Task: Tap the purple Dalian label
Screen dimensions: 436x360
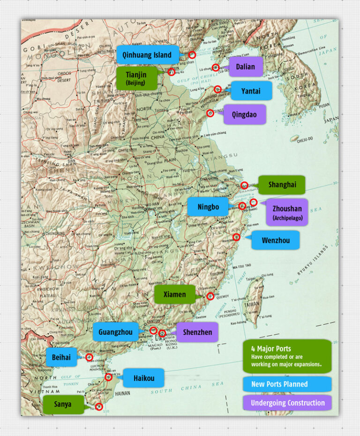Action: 245,67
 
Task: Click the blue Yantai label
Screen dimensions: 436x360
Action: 250,91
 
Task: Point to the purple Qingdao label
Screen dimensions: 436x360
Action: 244,114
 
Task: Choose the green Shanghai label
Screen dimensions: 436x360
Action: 282,185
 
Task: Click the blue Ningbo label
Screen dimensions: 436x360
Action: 208,207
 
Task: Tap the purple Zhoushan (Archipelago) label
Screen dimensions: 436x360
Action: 287,212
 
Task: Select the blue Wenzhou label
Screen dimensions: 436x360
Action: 275,241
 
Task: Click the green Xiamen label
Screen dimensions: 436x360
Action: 174,294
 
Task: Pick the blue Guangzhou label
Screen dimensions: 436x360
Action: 115,332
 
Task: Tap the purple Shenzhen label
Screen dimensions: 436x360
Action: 197,332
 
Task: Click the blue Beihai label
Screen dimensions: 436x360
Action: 61,357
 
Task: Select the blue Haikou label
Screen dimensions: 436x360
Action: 142,377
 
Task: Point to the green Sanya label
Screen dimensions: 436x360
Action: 63,404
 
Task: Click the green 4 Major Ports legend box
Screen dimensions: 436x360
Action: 287,356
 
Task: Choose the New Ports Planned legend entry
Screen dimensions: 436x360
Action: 287,384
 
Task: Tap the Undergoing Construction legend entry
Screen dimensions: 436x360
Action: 287,403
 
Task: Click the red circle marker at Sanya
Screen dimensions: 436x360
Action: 98,406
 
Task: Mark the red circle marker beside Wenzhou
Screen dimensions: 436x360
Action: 236,237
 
